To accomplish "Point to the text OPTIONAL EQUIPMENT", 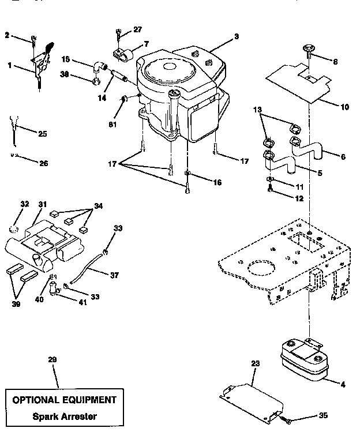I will pyautogui.click(x=64, y=400).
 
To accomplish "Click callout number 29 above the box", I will pyautogui.click(x=52, y=360).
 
